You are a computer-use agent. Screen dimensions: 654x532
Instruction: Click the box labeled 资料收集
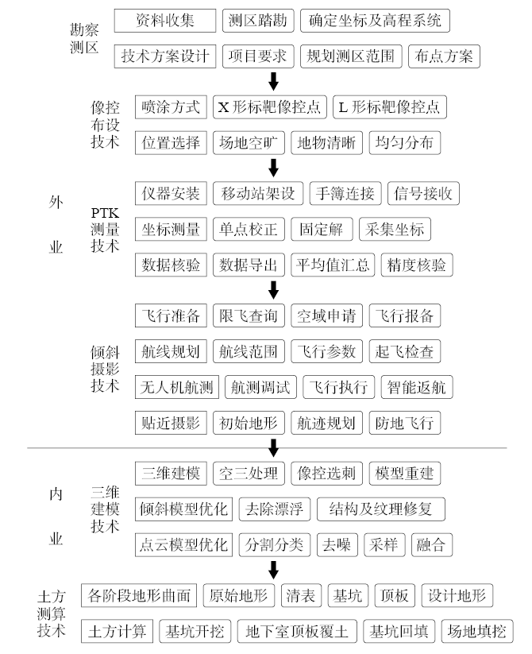pos(164,20)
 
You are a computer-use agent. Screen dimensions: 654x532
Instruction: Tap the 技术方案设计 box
pos(166,56)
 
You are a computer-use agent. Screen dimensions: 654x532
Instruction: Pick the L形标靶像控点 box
pos(388,106)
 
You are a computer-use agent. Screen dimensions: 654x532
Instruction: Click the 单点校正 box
pos(249,230)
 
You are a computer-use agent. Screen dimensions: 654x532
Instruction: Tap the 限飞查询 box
pos(249,315)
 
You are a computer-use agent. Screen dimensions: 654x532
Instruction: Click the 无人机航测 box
pos(177,387)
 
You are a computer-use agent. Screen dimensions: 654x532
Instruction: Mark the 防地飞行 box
pos(404,423)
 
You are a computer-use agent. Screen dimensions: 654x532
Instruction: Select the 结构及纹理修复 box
pos(380,509)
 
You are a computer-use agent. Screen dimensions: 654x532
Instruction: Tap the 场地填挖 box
pos(476,632)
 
